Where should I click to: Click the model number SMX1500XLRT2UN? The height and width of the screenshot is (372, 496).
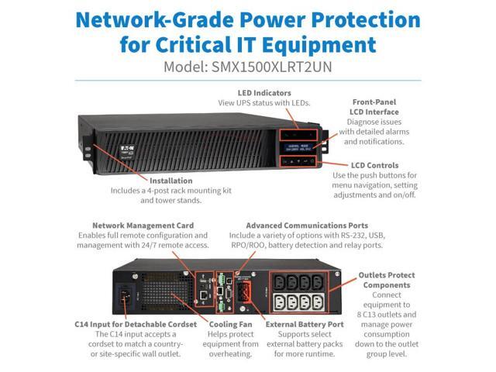(x=273, y=67)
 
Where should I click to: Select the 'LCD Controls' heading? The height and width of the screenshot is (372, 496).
(x=373, y=165)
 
